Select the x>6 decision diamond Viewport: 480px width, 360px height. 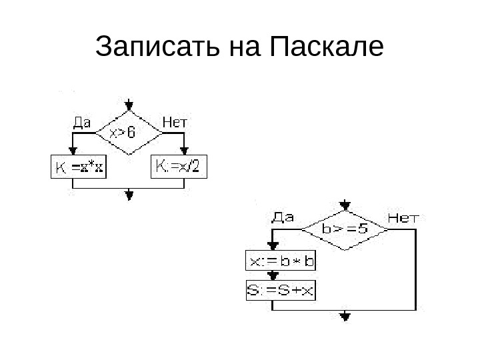[128, 132]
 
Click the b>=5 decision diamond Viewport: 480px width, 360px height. [345, 228]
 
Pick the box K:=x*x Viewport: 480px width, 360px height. [79, 167]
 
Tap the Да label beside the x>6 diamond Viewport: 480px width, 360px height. [81, 121]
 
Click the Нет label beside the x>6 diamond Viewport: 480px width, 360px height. [175, 121]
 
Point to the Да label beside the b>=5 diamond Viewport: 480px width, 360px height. [283, 217]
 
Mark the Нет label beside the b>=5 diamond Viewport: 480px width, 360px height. [403, 217]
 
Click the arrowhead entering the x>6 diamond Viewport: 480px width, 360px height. [129, 106]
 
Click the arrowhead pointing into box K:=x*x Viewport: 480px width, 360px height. [73, 151]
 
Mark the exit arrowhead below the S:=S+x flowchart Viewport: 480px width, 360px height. [345, 317]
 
